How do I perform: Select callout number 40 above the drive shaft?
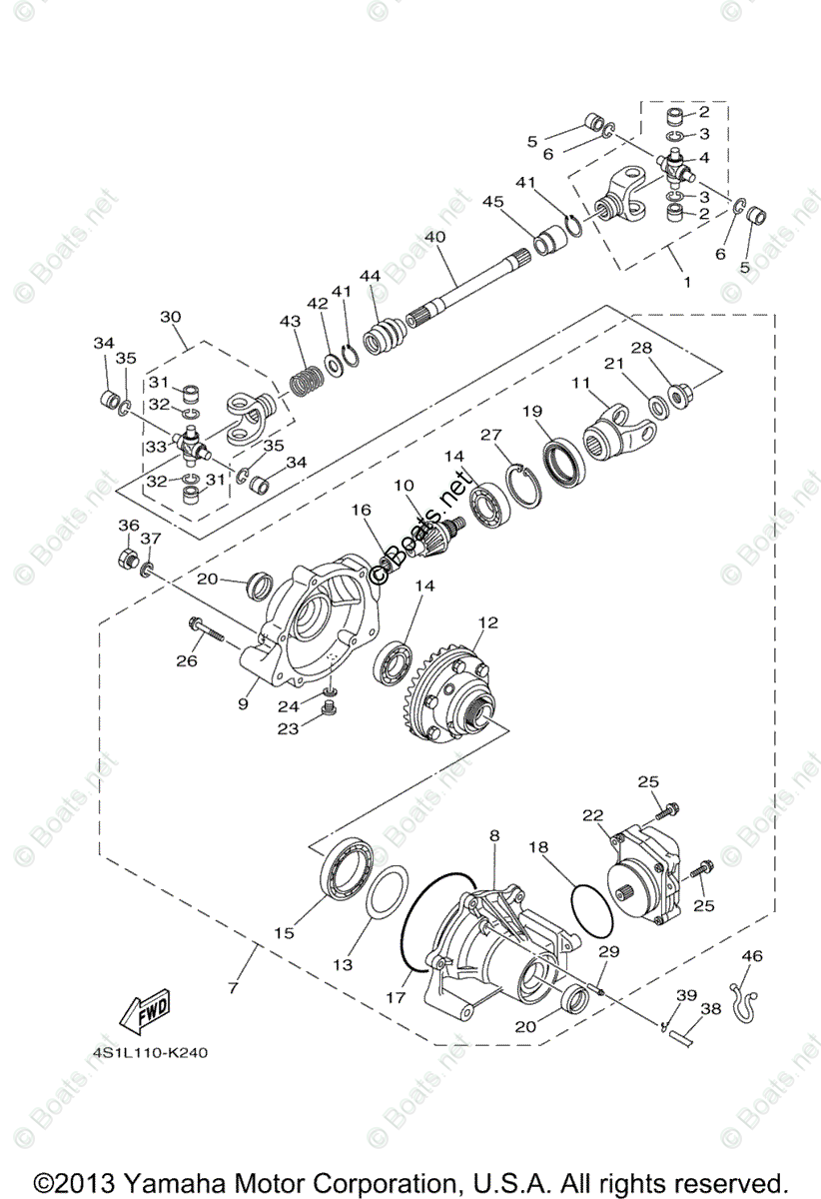coord(433,238)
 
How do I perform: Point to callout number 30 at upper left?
coord(171,316)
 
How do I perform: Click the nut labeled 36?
coord(129,557)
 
